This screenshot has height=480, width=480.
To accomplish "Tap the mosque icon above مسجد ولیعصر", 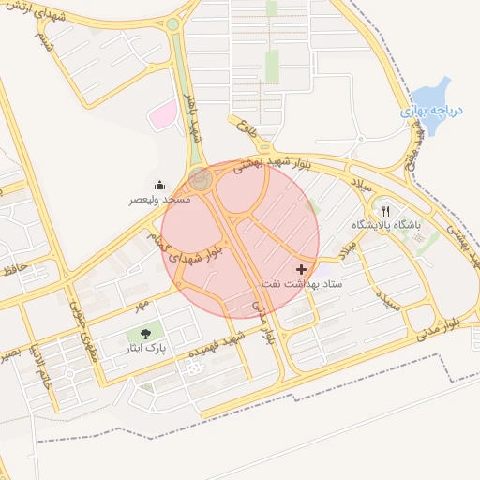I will pyautogui.click(x=159, y=185).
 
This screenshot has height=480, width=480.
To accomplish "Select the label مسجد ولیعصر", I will pyautogui.click(x=160, y=200).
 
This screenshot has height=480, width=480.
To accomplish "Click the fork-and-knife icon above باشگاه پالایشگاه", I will pyautogui.click(x=385, y=211).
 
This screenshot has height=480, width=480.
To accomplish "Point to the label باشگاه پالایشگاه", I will pyautogui.click(x=386, y=226).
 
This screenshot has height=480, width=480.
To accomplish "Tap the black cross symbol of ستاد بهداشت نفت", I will pyautogui.click(x=300, y=269).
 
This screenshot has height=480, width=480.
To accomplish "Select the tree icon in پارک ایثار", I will pyautogui.click(x=144, y=333).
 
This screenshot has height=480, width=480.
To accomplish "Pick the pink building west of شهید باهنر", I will pyautogui.click(x=164, y=114).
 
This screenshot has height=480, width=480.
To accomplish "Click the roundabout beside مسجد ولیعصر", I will pyautogui.click(x=200, y=177).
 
